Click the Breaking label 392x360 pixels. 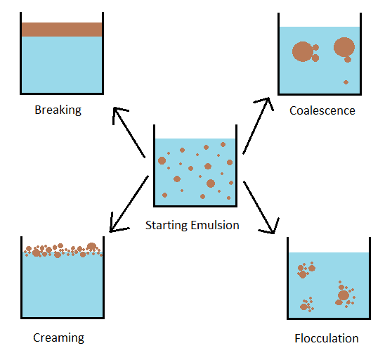[58, 110]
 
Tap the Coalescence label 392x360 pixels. [322, 110]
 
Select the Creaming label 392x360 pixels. [58, 338]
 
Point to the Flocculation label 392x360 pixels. [327, 338]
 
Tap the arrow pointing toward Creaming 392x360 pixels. [129, 204]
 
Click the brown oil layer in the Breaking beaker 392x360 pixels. [62, 30]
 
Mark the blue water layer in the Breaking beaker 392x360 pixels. [62, 65]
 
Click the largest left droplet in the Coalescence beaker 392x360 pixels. [303, 51]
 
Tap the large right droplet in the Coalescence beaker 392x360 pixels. [344, 47]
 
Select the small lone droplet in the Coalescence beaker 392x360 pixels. [346, 82]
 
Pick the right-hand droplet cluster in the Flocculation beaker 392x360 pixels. [345, 295]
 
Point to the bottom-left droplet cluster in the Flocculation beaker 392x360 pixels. [307, 304]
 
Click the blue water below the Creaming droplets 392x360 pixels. [63, 286]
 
